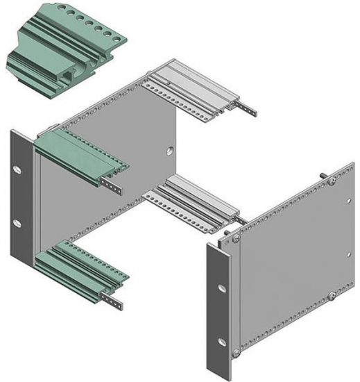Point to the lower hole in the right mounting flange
(x=222, y=340)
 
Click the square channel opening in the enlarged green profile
(x=67, y=71)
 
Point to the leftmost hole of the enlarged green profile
(x=64, y=8)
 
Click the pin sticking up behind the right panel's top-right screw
(x=323, y=174)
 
